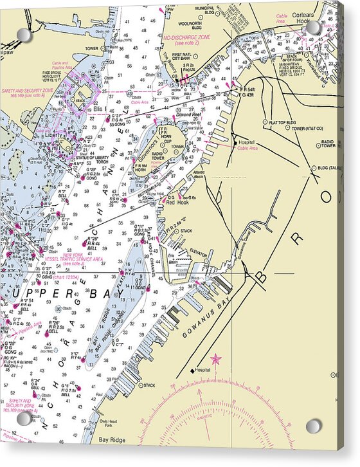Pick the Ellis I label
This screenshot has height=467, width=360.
coord(100,109)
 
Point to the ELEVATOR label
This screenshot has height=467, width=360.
coord(198,253)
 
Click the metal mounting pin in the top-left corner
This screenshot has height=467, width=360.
coord(23,34)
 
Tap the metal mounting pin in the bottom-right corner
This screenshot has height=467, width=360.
coord(313,425)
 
